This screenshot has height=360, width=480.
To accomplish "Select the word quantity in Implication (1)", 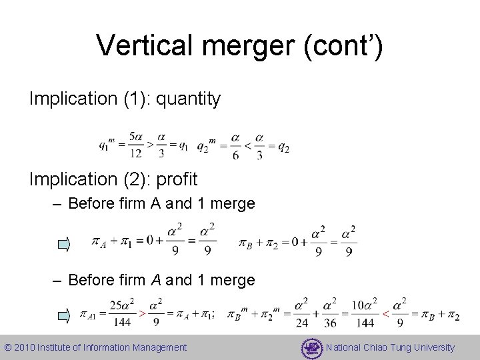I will tap(187, 99).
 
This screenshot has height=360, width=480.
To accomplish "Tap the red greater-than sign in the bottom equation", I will tap(141, 313).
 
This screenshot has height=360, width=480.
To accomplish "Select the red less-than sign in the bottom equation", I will tap(385, 313).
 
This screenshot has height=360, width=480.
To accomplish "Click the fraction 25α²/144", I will tap(122, 313).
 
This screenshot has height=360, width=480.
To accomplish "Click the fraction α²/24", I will tap(301, 313).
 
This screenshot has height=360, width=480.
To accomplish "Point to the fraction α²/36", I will tap(330, 313).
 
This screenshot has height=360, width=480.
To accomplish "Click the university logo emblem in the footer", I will tap(311, 347).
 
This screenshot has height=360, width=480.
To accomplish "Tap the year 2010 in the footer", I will tap(24, 347).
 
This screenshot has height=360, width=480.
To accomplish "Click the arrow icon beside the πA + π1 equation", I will tap(63, 245).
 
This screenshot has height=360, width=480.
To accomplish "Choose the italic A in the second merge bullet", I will tap(157, 280).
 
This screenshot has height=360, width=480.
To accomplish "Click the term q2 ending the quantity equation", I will tap(283, 148).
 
